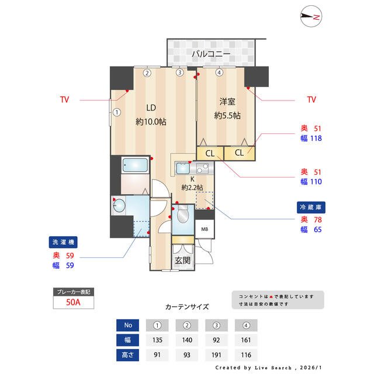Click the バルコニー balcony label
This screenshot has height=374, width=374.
pyautogui.click(x=211, y=55)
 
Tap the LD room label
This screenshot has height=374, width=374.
pyautogui.click(x=150, y=108)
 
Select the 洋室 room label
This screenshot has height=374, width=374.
pyautogui.click(x=227, y=100)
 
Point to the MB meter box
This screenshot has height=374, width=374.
pyautogui.click(x=204, y=228)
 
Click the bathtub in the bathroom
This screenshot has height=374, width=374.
pyautogui.click(x=136, y=165)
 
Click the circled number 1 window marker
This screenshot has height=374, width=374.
pyautogui.click(x=117, y=112)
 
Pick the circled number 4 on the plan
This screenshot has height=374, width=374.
pyautogui.click(x=219, y=73)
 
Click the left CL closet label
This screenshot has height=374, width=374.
pyautogui.click(x=209, y=153)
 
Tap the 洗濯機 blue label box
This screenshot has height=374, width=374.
pyautogui.click(x=64, y=242)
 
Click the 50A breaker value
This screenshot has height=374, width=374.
pyautogui.click(x=72, y=302)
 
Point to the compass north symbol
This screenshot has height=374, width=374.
pyautogui.click(x=310, y=18)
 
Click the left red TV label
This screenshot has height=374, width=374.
pyautogui.click(x=64, y=100)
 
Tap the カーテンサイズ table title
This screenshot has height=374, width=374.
pyautogui.click(x=186, y=306)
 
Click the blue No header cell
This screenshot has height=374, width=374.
pyautogui.click(x=127, y=324)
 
